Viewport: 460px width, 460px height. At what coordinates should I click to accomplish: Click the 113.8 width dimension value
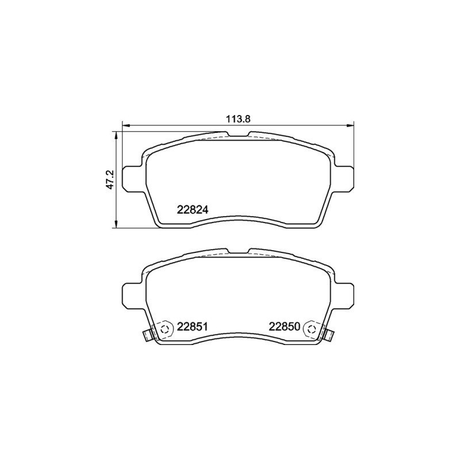point(237,119)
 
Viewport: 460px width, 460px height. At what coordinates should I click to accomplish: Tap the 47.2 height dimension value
point(111,179)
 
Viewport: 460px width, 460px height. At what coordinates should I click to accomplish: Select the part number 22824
point(193,210)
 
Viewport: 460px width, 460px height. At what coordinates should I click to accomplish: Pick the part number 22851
point(193,327)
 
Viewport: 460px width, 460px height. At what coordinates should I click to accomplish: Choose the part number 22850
point(285,327)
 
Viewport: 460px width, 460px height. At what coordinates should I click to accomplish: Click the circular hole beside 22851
point(165,328)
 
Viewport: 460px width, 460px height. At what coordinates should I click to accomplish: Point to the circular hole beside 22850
point(311,328)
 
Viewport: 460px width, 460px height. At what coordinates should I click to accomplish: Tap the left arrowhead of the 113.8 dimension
point(125,126)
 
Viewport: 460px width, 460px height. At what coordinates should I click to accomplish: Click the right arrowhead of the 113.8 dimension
point(351,126)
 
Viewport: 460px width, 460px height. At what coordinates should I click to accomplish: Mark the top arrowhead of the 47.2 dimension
point(117,135)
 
